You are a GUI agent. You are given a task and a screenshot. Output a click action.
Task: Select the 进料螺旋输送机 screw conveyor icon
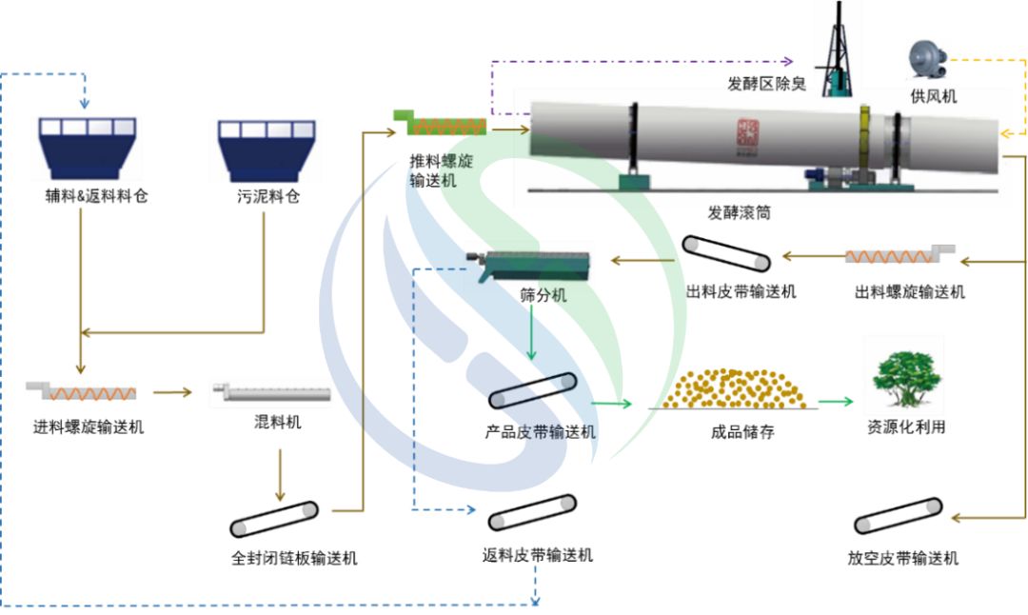click(x=81, y=390)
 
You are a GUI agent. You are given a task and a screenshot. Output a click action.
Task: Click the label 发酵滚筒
click(x=739, y=214)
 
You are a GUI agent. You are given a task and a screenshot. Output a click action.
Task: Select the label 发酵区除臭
click(x=767, y=85)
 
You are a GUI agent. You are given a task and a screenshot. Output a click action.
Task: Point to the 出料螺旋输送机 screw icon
click(x=899, y=255)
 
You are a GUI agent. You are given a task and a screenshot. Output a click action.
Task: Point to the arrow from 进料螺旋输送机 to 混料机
click(x=172, y=391)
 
